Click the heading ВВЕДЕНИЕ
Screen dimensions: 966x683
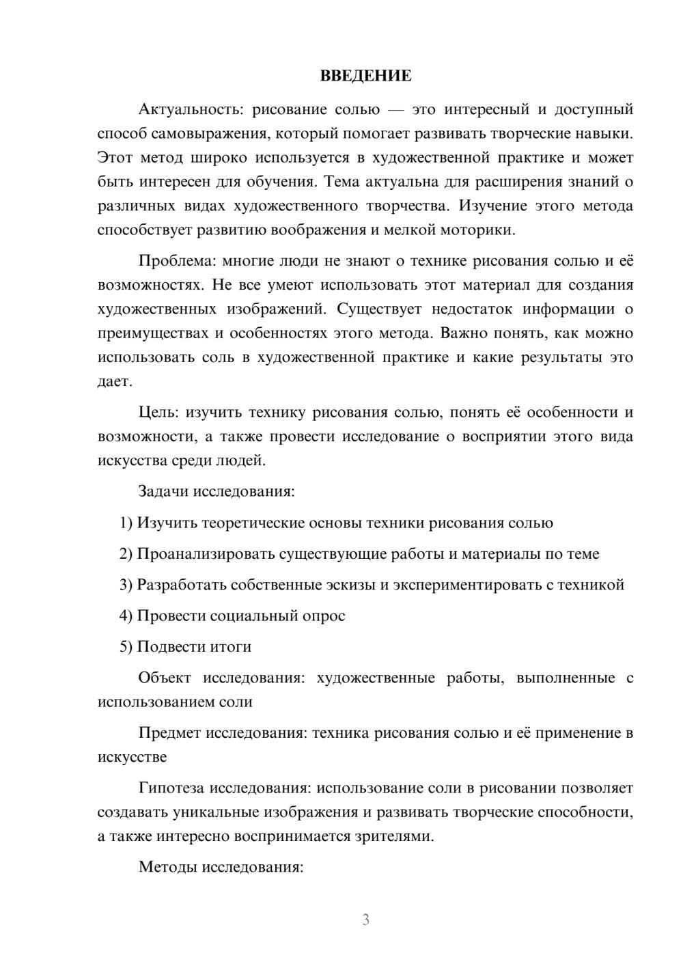point(365,76)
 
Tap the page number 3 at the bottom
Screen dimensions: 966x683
point(365,920)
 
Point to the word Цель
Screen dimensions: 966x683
point(158,412)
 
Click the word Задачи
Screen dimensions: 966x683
point(163,491)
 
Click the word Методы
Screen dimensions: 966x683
point(166,867)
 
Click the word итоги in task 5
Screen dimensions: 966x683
point(232,646)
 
